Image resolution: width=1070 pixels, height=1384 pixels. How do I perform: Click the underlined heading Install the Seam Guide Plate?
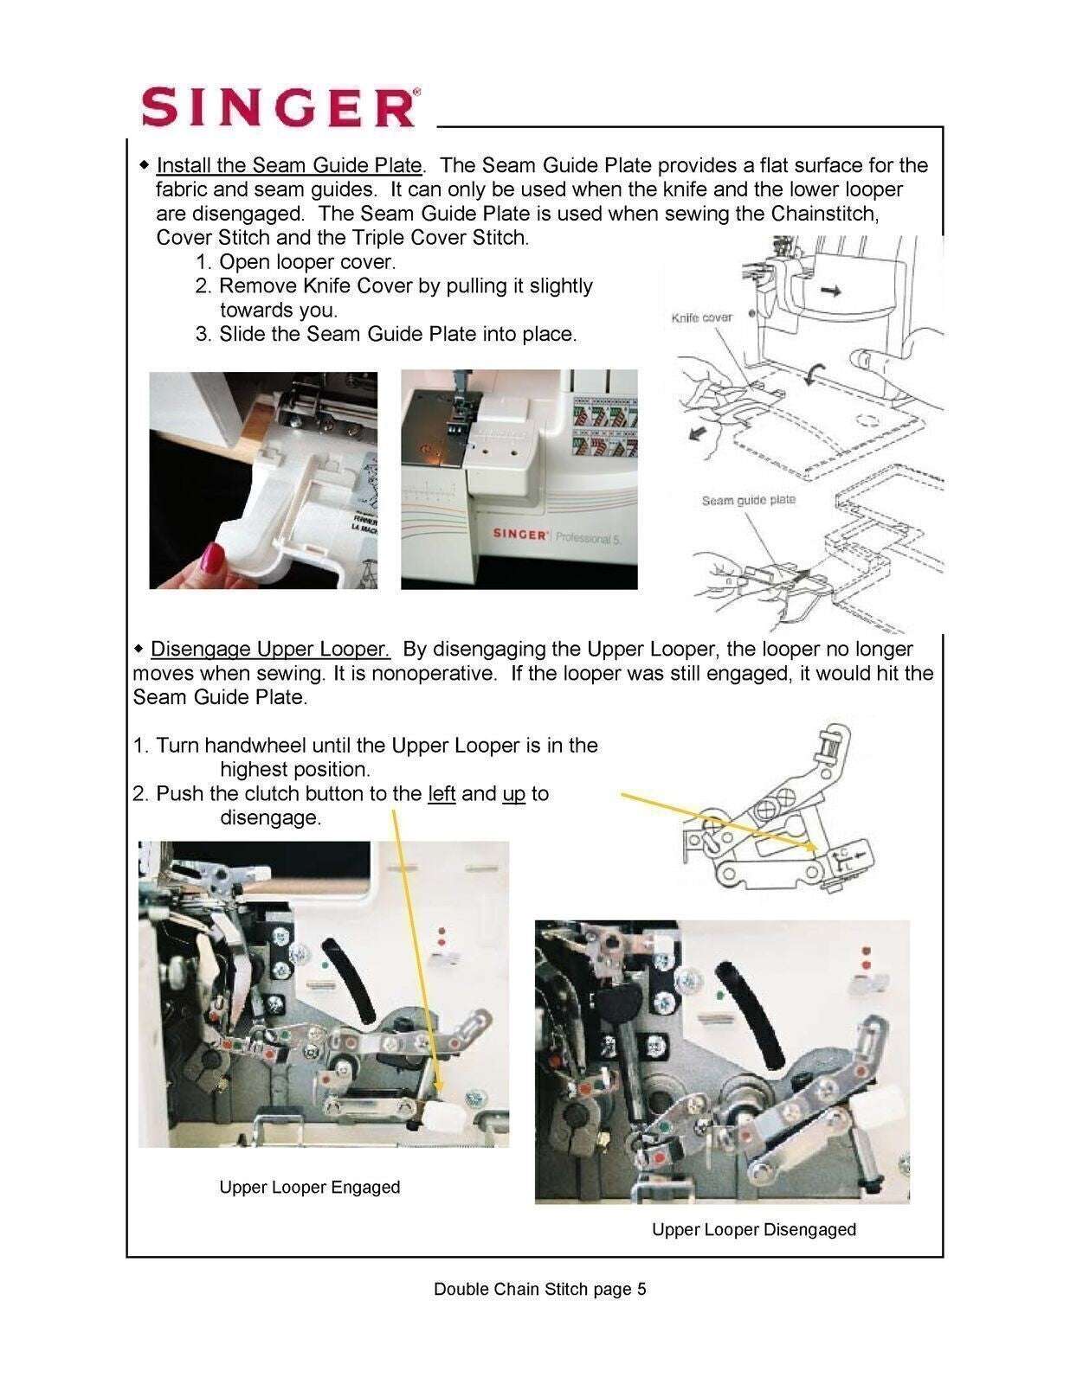tap(288, 165)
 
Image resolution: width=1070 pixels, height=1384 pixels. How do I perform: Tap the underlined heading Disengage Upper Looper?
tap(270, 649)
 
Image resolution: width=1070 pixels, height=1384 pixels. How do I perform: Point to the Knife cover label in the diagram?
tap(701, 317)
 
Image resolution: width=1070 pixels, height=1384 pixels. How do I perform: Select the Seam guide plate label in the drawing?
tap(748, 500)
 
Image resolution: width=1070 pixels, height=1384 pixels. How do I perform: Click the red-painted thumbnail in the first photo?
tap(213, 557)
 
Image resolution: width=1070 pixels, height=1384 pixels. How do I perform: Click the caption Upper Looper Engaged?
tap(309, 1187)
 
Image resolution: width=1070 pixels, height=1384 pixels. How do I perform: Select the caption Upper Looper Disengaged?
tap(753, 1229)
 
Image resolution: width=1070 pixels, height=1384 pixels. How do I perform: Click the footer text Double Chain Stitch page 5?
tap(539, 1289)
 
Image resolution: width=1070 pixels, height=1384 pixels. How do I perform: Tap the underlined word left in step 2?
tap(442, 793)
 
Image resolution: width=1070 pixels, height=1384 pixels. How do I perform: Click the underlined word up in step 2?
tap(513, 793)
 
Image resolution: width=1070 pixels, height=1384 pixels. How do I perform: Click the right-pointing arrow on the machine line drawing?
tap(830, 292)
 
